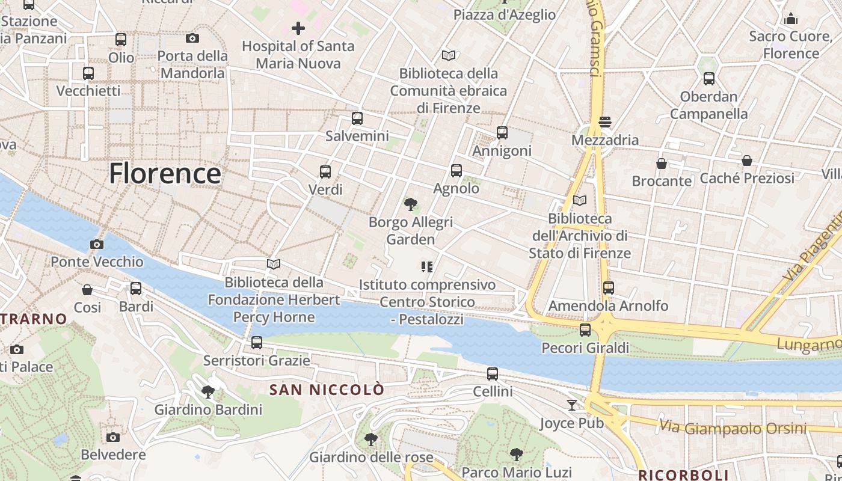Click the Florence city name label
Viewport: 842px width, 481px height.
point(165,174)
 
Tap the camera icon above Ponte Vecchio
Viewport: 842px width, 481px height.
point(96,244)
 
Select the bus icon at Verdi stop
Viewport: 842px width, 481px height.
point(325,172)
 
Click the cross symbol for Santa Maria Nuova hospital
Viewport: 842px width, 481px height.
point(298,28)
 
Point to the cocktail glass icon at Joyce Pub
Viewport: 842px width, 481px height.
point(572,405)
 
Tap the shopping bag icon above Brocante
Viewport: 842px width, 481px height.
point(662,164)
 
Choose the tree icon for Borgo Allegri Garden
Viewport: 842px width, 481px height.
point(411,204)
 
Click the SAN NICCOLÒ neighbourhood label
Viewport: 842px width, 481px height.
point(327,390)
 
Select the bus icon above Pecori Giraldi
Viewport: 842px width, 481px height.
point(585,329)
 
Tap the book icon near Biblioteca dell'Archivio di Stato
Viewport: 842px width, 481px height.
point(580,200)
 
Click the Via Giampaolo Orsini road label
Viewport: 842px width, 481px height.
point(733,428)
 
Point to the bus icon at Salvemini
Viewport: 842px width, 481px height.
point(357,118)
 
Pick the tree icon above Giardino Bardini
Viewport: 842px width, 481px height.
point(208,393)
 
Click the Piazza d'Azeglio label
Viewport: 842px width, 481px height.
point(505,15)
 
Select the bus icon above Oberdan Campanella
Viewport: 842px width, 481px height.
point(709,79)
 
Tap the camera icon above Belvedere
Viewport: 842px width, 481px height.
point(113,437)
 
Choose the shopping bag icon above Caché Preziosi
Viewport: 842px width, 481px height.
point(747,161)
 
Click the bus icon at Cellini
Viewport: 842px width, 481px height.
point(493,374)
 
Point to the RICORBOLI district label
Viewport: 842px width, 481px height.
point(683,475)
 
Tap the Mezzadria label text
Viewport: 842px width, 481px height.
point(605,140)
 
